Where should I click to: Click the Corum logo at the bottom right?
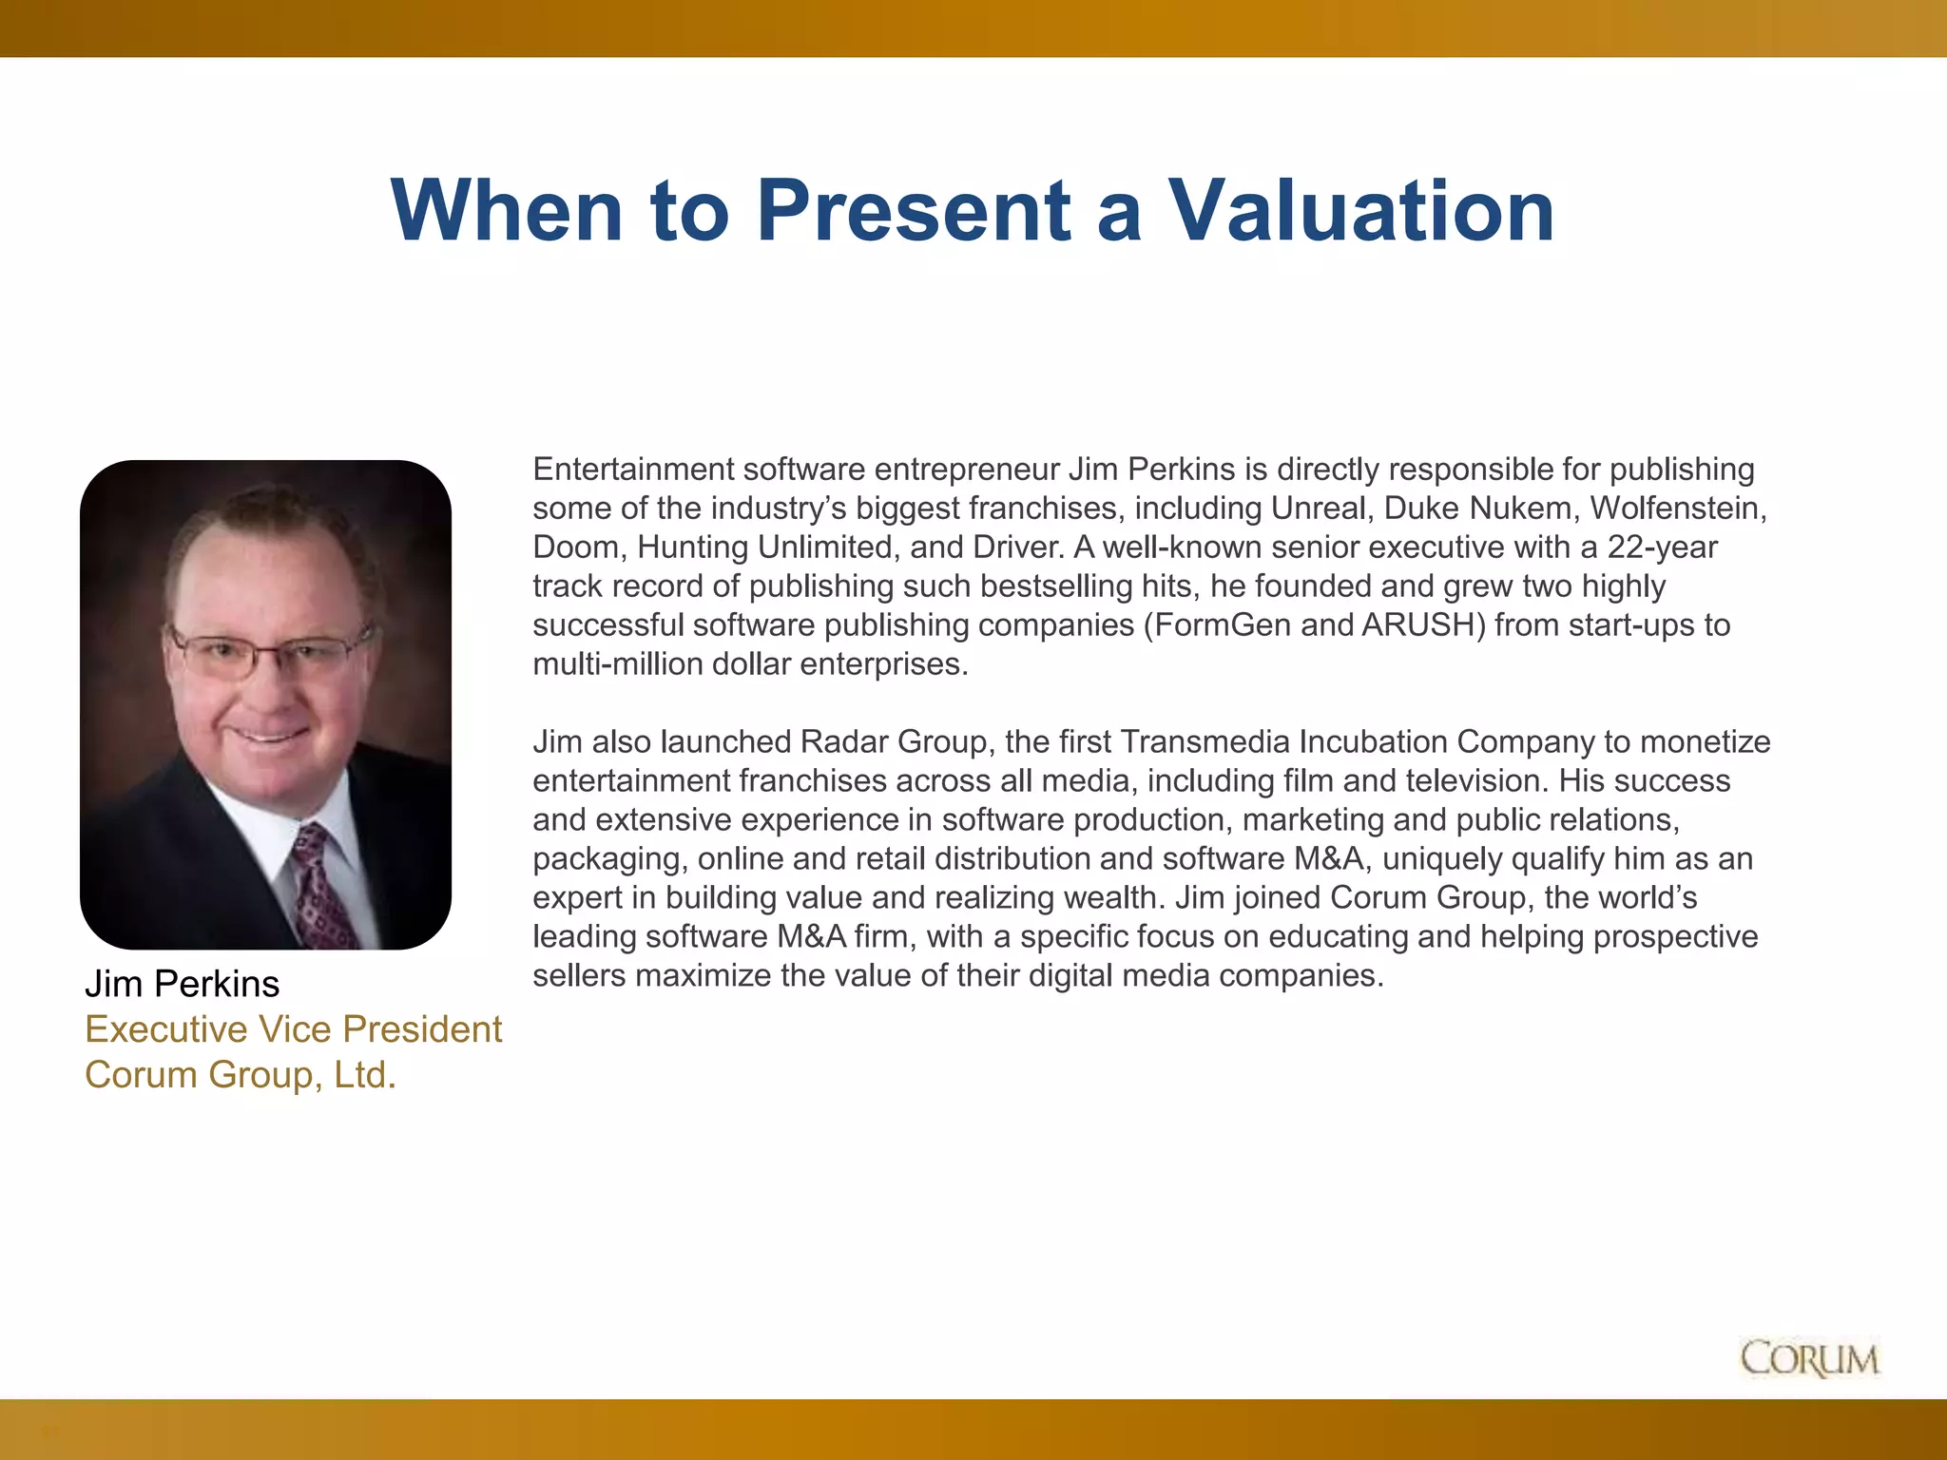(1810, 1359)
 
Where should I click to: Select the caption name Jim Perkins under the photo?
(183, 984)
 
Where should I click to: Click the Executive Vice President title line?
(293, 1029)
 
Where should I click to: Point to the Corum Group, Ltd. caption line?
(240, 1075)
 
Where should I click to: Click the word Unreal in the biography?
(1322, 509)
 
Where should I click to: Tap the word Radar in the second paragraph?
(843, 742)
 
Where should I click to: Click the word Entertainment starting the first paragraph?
(633, 470)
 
